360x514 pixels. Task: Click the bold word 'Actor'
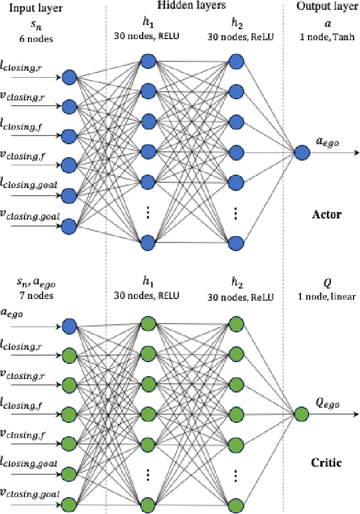pyautogui.click(x=327, y=214)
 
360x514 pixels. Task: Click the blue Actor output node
pyautogui.click(x=302, y=153)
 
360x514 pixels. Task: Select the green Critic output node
pyautogui.click(x=302, y=415)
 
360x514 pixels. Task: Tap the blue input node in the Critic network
pyautogui.click(x=70, y=325)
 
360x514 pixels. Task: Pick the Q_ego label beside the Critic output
pyautogui.click(x=327, y=402)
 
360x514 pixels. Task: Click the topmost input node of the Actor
pyautogui.click(x=70, y=77)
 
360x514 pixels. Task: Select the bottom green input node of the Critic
pyautogui.click(x=70, y=503)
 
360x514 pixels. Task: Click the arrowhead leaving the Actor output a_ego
pyautogui.click(x=355, y=153)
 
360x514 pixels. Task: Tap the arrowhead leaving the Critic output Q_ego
pyautogui.click(x=355, y=415)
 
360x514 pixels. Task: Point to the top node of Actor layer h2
pyautogui.click(x=236, y=61)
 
